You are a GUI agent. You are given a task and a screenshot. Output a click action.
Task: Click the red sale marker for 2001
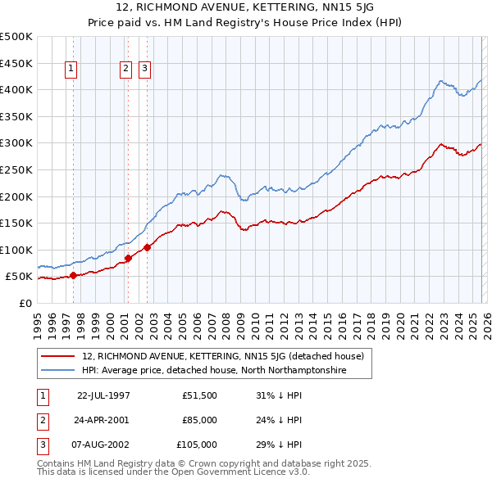pyautogui.click(x=128, y=258)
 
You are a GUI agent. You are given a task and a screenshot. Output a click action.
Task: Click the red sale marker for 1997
pyautogui.click(x=74, y=275)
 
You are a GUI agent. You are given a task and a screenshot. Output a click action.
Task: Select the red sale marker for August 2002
pyautogui.click(x=147, y=247)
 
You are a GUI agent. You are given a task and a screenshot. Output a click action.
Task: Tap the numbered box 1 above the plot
pyautogui.click(x=72, y=70)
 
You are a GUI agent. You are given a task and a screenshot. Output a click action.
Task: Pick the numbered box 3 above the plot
pyautogui.click(x=145, y=70)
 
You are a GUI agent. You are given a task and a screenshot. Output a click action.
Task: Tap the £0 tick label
pyautogui.click(x=25, y=303)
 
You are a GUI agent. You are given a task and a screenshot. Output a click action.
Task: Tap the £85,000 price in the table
pyautogui.click(x=199, y=420)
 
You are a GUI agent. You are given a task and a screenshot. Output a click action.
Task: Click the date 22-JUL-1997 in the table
pyautogui.click(x=103, y=395)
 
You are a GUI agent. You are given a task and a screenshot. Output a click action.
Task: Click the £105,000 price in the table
pyautogui.click(x=198, y=445)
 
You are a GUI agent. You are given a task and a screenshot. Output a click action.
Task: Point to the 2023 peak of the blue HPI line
pyautogui.click(x=441, y=80)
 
